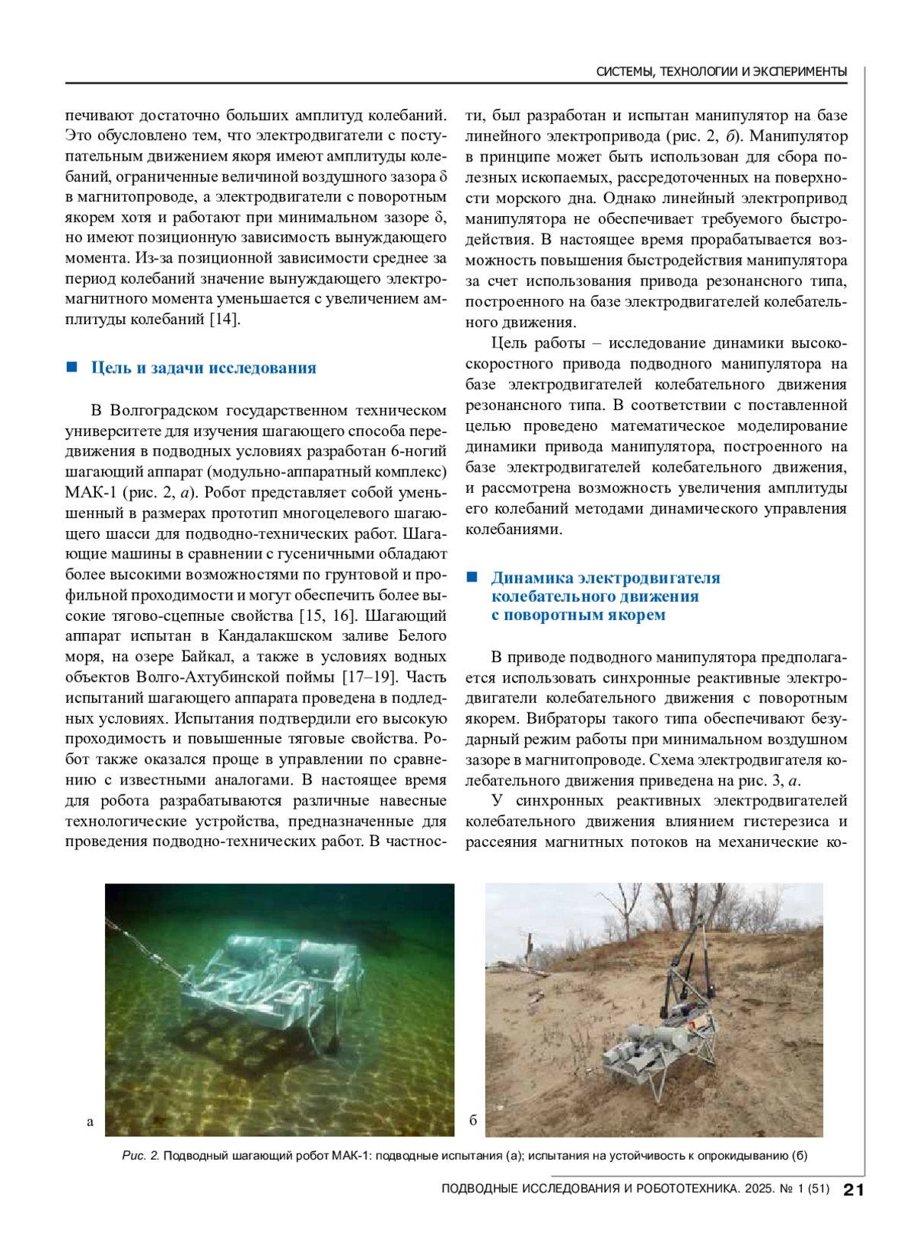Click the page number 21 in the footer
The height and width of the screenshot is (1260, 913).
(854, 1189)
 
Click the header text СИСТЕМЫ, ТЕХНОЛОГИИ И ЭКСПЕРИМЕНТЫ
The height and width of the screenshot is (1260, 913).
(721, 72)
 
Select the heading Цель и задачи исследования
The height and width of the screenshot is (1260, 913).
(203, 368)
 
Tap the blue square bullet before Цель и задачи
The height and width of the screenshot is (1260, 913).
(72, 367)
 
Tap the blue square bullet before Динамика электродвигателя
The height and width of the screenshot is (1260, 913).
(472, 577)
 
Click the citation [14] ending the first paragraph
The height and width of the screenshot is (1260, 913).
(225, 320)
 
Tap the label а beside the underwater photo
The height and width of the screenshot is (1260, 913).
(91, 1122)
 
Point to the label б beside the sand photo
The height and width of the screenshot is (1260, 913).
(473, 1120)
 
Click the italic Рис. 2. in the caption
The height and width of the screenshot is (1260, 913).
(141, 1156)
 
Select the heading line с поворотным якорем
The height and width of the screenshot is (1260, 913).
(578, 615)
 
